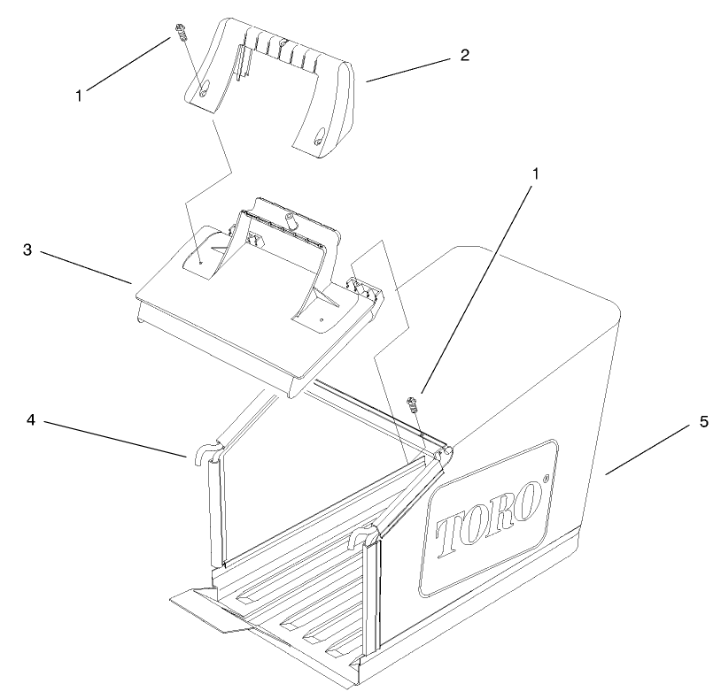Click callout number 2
pyautogui.click(x=463, y=54)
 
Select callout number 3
pyautogui.click(x=28, y=250)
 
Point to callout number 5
pyautogui.click(x=703, y=421)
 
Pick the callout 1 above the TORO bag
pyautogui.click(x=534, y=175)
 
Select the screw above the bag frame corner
pyautogui.click(x=411, y=404)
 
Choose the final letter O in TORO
pyautogui.click(x=530, y=501)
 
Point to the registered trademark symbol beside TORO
pyautogui.click(x=547, y=480)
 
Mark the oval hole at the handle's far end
pyautogui.click(x=317, y=135)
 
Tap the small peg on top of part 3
pyautogui.click(x=288, y=216)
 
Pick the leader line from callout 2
pyautogui.click(x=408, y=69)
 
